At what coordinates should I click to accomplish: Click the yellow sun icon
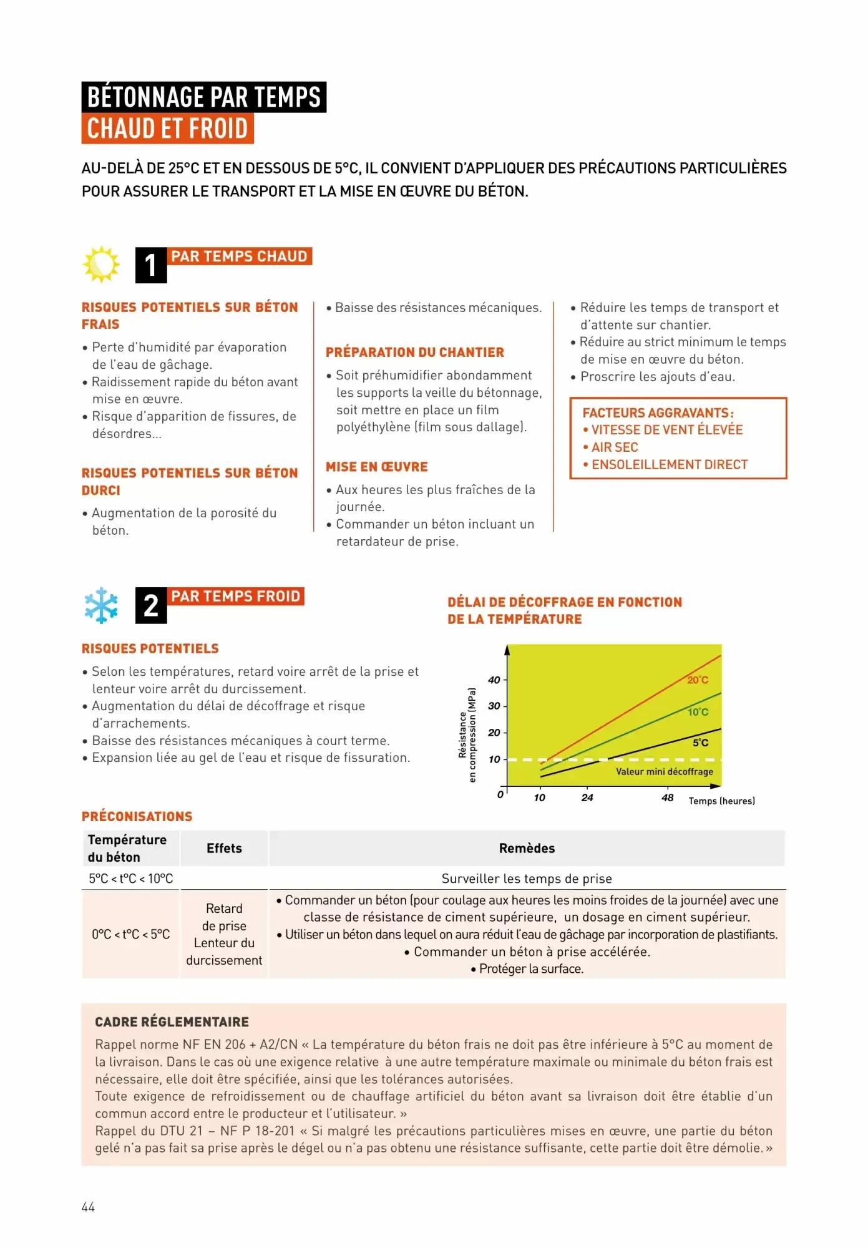(101, 265)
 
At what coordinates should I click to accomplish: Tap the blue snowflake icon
(101, 605)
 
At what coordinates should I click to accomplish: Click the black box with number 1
(151, 265)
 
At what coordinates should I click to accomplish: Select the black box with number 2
(151, 605)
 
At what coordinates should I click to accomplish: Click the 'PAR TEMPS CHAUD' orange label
(240, 256)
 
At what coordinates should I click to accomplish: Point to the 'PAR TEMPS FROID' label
(236, 597)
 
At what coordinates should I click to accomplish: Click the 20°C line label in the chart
(698, 680)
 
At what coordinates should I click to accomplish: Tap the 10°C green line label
(698, 712)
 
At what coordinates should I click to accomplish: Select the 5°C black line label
(700, 743)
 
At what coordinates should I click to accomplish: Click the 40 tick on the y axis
(494, 680)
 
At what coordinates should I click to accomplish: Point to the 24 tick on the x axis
(587, 797)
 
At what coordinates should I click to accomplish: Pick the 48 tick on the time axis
(667, 797)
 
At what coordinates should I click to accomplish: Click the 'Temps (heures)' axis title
(721, 801)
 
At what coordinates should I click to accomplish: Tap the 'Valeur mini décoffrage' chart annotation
(664, 772)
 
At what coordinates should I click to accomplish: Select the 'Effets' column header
(224, 849)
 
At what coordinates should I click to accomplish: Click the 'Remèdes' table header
(527, 849)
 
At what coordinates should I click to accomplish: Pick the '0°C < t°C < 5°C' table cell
(130, 934)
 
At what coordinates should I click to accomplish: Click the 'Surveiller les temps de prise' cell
(527, 879)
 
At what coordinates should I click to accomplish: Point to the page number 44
(88, 1207)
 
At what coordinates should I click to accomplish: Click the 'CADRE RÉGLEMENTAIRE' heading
(172, 1022)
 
